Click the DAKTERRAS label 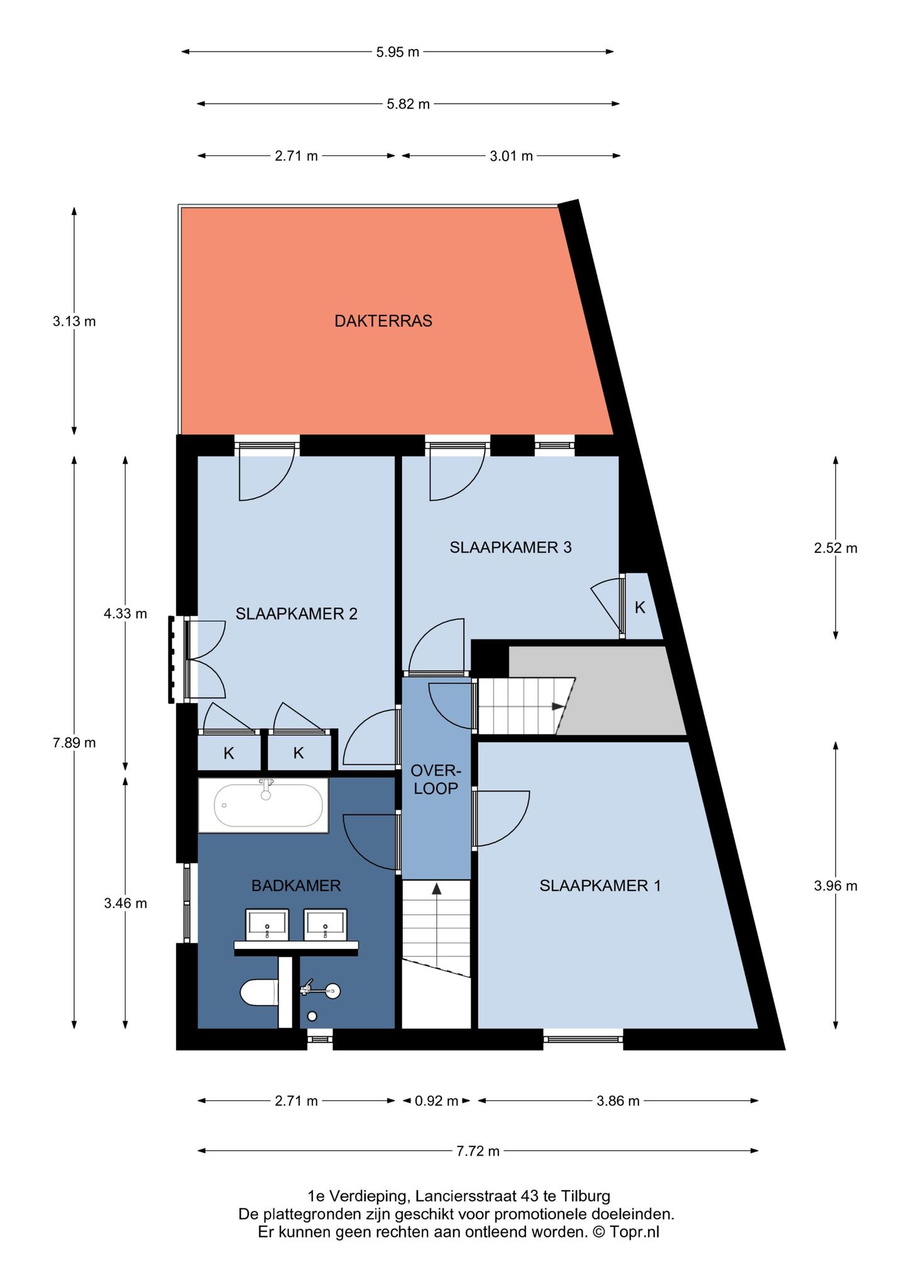[x=383, y=321]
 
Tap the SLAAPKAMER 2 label [x=297, y=614]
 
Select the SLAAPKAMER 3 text [x=510, y=547]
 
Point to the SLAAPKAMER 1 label [x=600, y=886]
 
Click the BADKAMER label [x=296, y=886]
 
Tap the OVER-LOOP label [x=436, y=779]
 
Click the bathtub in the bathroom [x=264, y=805]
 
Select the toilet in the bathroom [x=259, y=993]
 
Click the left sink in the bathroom [x=267, y=924]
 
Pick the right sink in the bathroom [x=325, y=924]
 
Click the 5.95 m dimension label [x=398, y=52]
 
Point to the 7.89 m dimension [x=74, y=743]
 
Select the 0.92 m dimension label [x=436, y=1101]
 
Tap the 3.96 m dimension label [x=835, y=886]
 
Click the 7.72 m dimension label [x=478, y=1151]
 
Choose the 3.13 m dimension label [x=74, y=322]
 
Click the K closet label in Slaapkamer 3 [x=640, y=607]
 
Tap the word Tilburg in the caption [x=588, y=1196]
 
